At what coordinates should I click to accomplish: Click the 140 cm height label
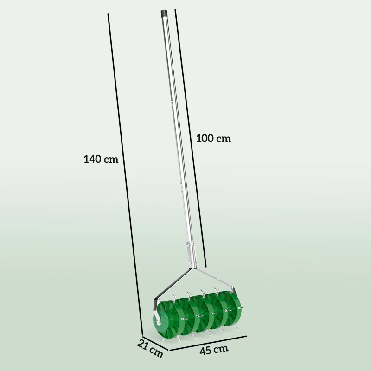pos(101,159)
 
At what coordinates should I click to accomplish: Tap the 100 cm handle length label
pos(213,138)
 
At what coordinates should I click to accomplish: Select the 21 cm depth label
pos(150,349)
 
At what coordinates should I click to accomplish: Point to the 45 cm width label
pos(214,349)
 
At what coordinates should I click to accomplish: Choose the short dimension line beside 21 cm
pos(154,340)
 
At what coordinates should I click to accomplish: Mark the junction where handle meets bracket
pos(194,267)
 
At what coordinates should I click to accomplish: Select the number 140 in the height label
pos(93,159)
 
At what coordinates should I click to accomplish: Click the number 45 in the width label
pos(206,350)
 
